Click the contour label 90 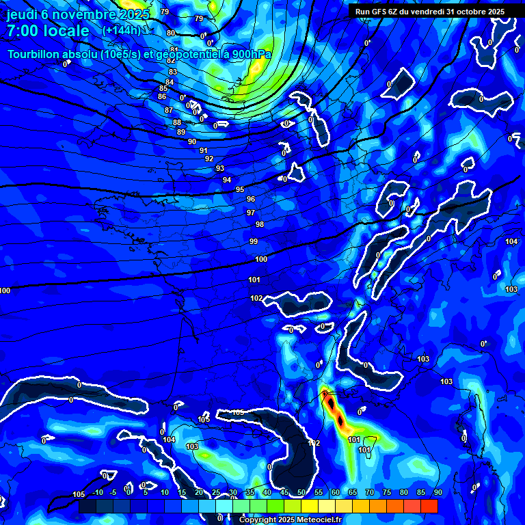(x=192, y=142)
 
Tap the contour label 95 (x=240, y=189)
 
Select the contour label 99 (x=254, y=241)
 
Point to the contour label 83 (x=172, y=72)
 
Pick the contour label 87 (x=169, y=110)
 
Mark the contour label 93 (x=219, y=168)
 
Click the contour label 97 (x=251, y=213)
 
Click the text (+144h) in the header (x=121, y=30)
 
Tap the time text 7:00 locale (x=48, y=31)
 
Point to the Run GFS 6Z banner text (x=430, y=12)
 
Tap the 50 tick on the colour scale (x=301, y=492)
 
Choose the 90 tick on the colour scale (x=437, y=492)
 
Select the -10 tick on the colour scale (x=97, y=492)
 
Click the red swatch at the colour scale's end (x=429, y=506)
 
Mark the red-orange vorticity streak (x=335, y=409)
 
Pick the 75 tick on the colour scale (x=387, y=492)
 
